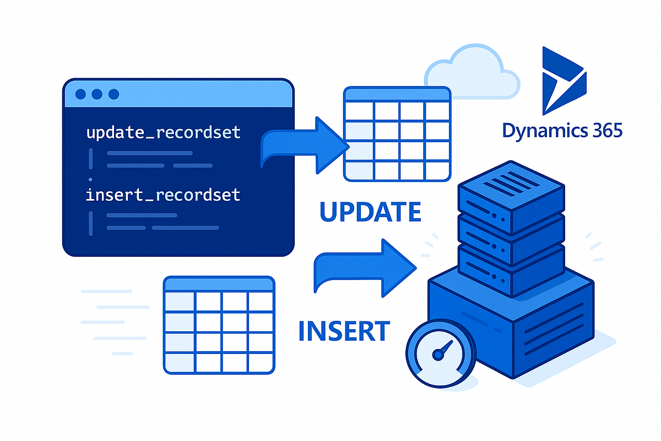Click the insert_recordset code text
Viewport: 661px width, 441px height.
coord(163,195)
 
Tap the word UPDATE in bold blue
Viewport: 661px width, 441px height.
coord(370,212)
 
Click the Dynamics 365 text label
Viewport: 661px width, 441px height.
coord(562,131)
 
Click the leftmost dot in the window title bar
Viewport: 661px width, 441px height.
coord(80,94)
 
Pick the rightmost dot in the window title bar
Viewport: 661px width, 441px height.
coord(113,94)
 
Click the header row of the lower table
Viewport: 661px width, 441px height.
coord(219,284)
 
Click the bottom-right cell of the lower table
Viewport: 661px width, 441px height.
coord(261,362)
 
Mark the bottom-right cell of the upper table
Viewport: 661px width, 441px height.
coord(437,170)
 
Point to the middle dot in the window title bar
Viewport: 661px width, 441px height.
coord(97,94)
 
